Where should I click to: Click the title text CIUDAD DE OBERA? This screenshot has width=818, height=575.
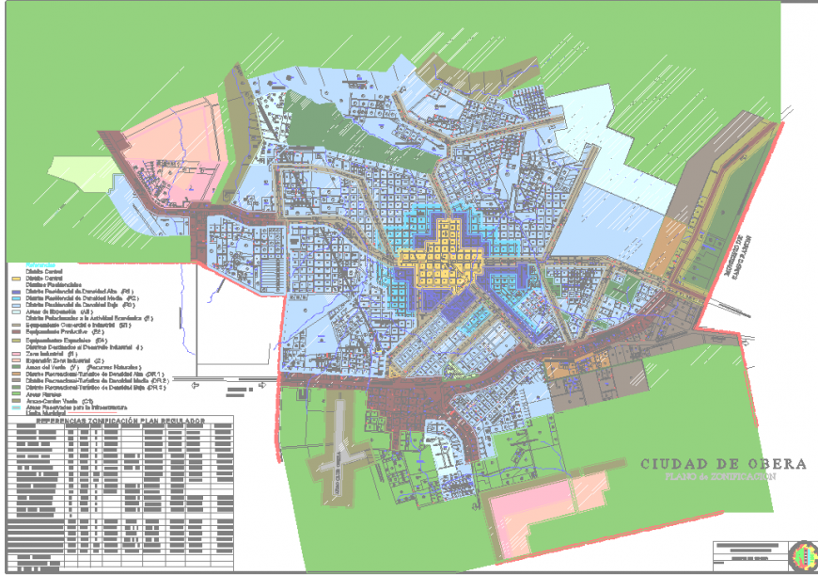(x=723, y=464)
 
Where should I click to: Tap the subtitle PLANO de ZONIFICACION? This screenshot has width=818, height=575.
(x=722, y=477)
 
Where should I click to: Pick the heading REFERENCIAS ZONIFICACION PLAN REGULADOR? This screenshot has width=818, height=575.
(x=120, y=421)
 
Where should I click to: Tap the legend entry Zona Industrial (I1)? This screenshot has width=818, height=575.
(x=56, y=353)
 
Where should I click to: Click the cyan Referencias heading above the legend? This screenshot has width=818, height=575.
(x=41, y=264)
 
